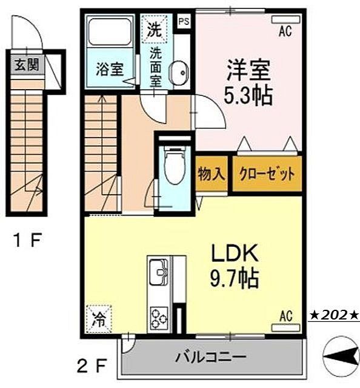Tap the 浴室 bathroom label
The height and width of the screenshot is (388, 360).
click(x=109, y=69)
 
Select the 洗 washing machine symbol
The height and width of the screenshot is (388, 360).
click(x=153, y=28)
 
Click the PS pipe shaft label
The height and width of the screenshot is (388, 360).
click(x=183, y=19)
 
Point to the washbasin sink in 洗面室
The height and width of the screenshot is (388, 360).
click(x=178, y=73)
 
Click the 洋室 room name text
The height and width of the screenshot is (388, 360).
click(x=249, y=69)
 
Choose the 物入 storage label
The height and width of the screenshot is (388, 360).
click(x=212, y=175)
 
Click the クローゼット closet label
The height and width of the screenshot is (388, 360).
click(x=266, y=175)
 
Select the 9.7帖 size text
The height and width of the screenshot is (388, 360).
click(x=235, y=279)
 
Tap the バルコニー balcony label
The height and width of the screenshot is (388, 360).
click(x=211, y=355)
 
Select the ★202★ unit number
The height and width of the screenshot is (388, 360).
click(x=335, y=315)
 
